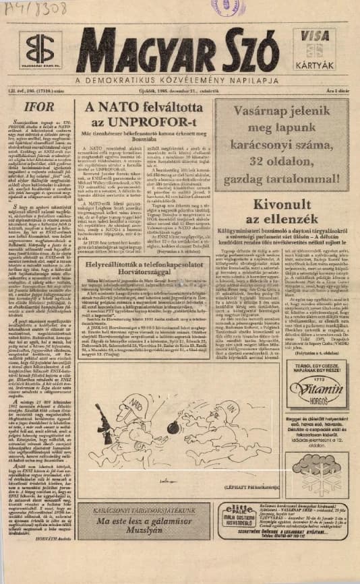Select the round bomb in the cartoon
(x=171, y=446)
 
